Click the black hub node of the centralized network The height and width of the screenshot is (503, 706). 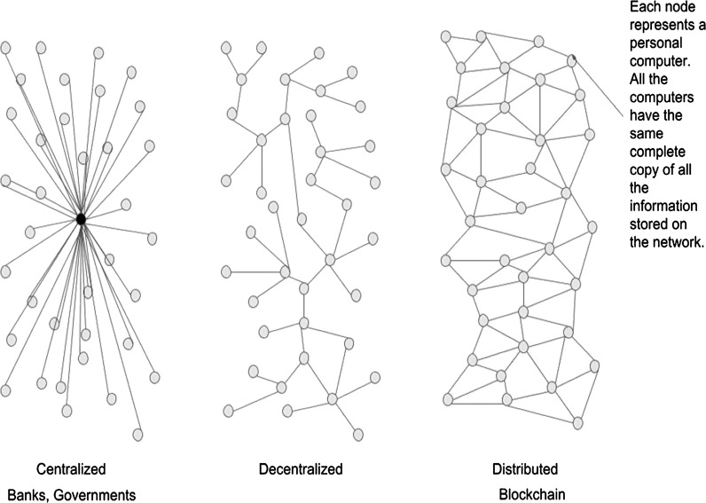(x=81, y=218)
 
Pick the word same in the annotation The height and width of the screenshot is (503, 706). (x=646, y=125)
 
